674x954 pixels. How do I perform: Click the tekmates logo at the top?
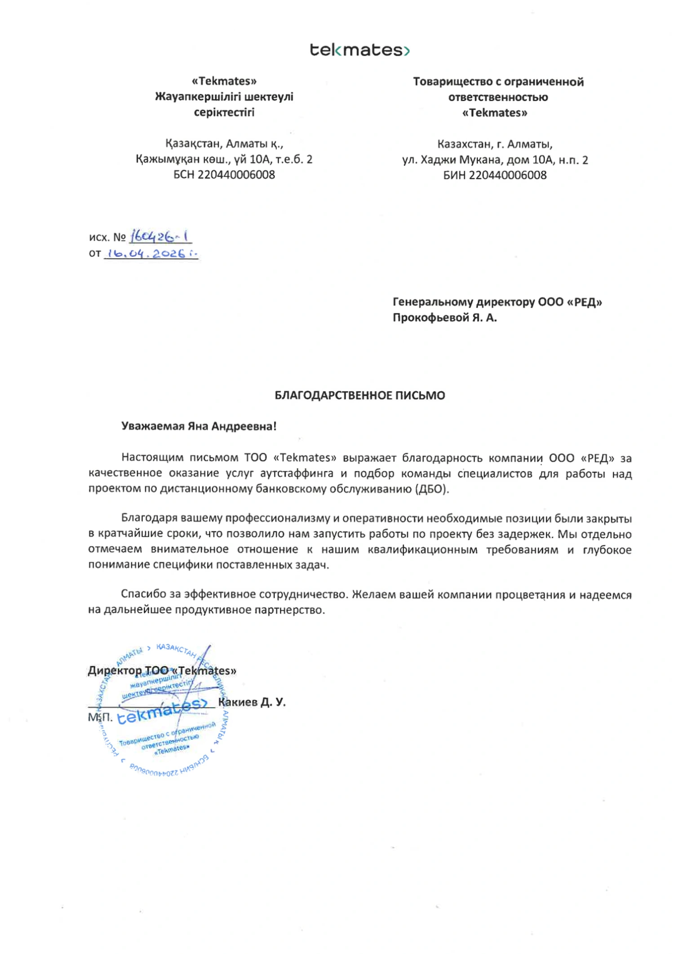[x=359, y=49]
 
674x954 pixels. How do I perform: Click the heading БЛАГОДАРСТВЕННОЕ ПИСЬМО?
[x=359, y=395]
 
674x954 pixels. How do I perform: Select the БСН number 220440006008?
[x=236, y=174]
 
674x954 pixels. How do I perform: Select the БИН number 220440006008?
[x=508, y=175]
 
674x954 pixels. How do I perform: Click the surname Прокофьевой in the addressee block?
[x=430, y=317]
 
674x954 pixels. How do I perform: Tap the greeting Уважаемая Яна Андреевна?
[x=199, y=426]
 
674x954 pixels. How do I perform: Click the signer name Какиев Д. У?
[x=252, y=702]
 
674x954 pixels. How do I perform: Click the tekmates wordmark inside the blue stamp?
[x=162, y=711]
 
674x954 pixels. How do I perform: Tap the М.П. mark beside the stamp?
[x=100, y=717]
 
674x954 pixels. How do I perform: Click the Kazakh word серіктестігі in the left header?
[x=224, y=112]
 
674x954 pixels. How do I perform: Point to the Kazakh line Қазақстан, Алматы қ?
[x=224, y=143]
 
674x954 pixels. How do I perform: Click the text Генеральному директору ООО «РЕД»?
[x=497, y=302]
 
